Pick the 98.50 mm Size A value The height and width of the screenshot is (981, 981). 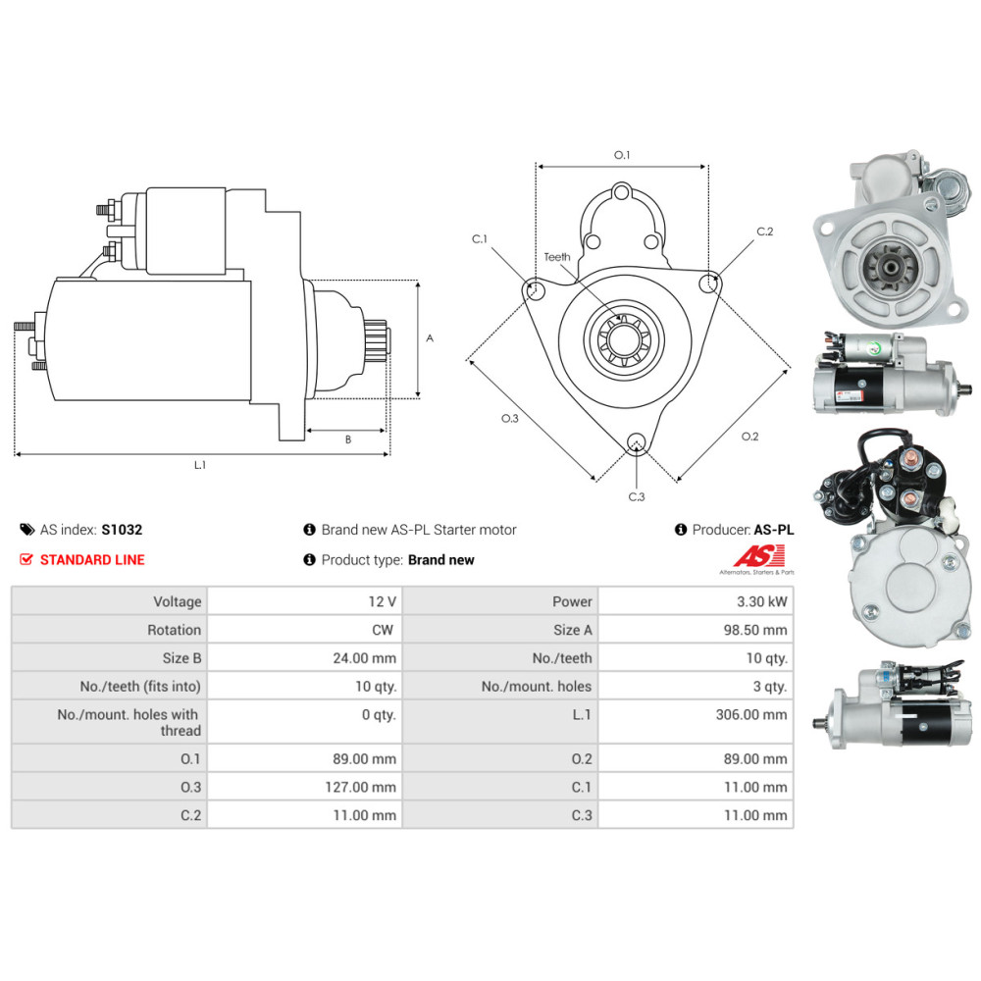coord(755,630)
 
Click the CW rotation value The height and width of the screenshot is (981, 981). coord(383,630)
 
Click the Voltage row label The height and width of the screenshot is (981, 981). coord(177,601)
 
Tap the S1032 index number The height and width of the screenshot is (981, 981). coord(122,530)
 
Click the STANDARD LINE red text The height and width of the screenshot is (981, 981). coord(91,560)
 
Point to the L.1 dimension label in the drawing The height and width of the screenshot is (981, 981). coord(200,465)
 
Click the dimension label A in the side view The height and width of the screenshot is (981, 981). coord(430,337)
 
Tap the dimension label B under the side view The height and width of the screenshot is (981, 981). coord(347,439)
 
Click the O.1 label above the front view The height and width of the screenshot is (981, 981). coord(621,155)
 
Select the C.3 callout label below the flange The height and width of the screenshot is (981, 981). coord(636,496)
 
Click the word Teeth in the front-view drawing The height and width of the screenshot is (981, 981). coord(557,257)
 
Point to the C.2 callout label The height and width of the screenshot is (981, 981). coord(765,232)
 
